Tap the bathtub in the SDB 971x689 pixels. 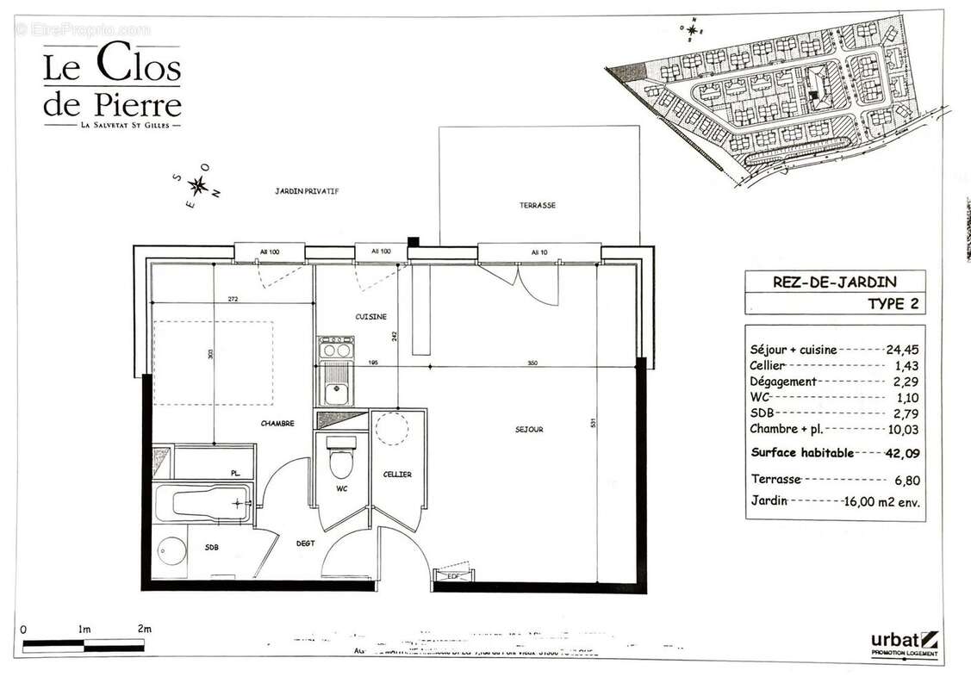(203, 502)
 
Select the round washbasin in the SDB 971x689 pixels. (173, 550)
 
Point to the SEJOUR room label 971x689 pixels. (529, 429)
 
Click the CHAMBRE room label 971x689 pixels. (277, 423)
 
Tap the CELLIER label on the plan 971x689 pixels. (397, 475)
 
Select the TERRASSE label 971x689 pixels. (537, 206)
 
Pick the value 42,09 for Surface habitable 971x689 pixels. (903, 453)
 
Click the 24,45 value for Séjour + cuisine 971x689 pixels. (903, 350)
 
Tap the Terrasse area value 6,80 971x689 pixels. (906, 480)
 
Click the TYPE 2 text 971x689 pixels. (893, 303)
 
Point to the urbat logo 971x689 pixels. (903, 642)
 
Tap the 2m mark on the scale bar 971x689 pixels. (144, 630)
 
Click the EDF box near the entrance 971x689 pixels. (452, 576)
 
